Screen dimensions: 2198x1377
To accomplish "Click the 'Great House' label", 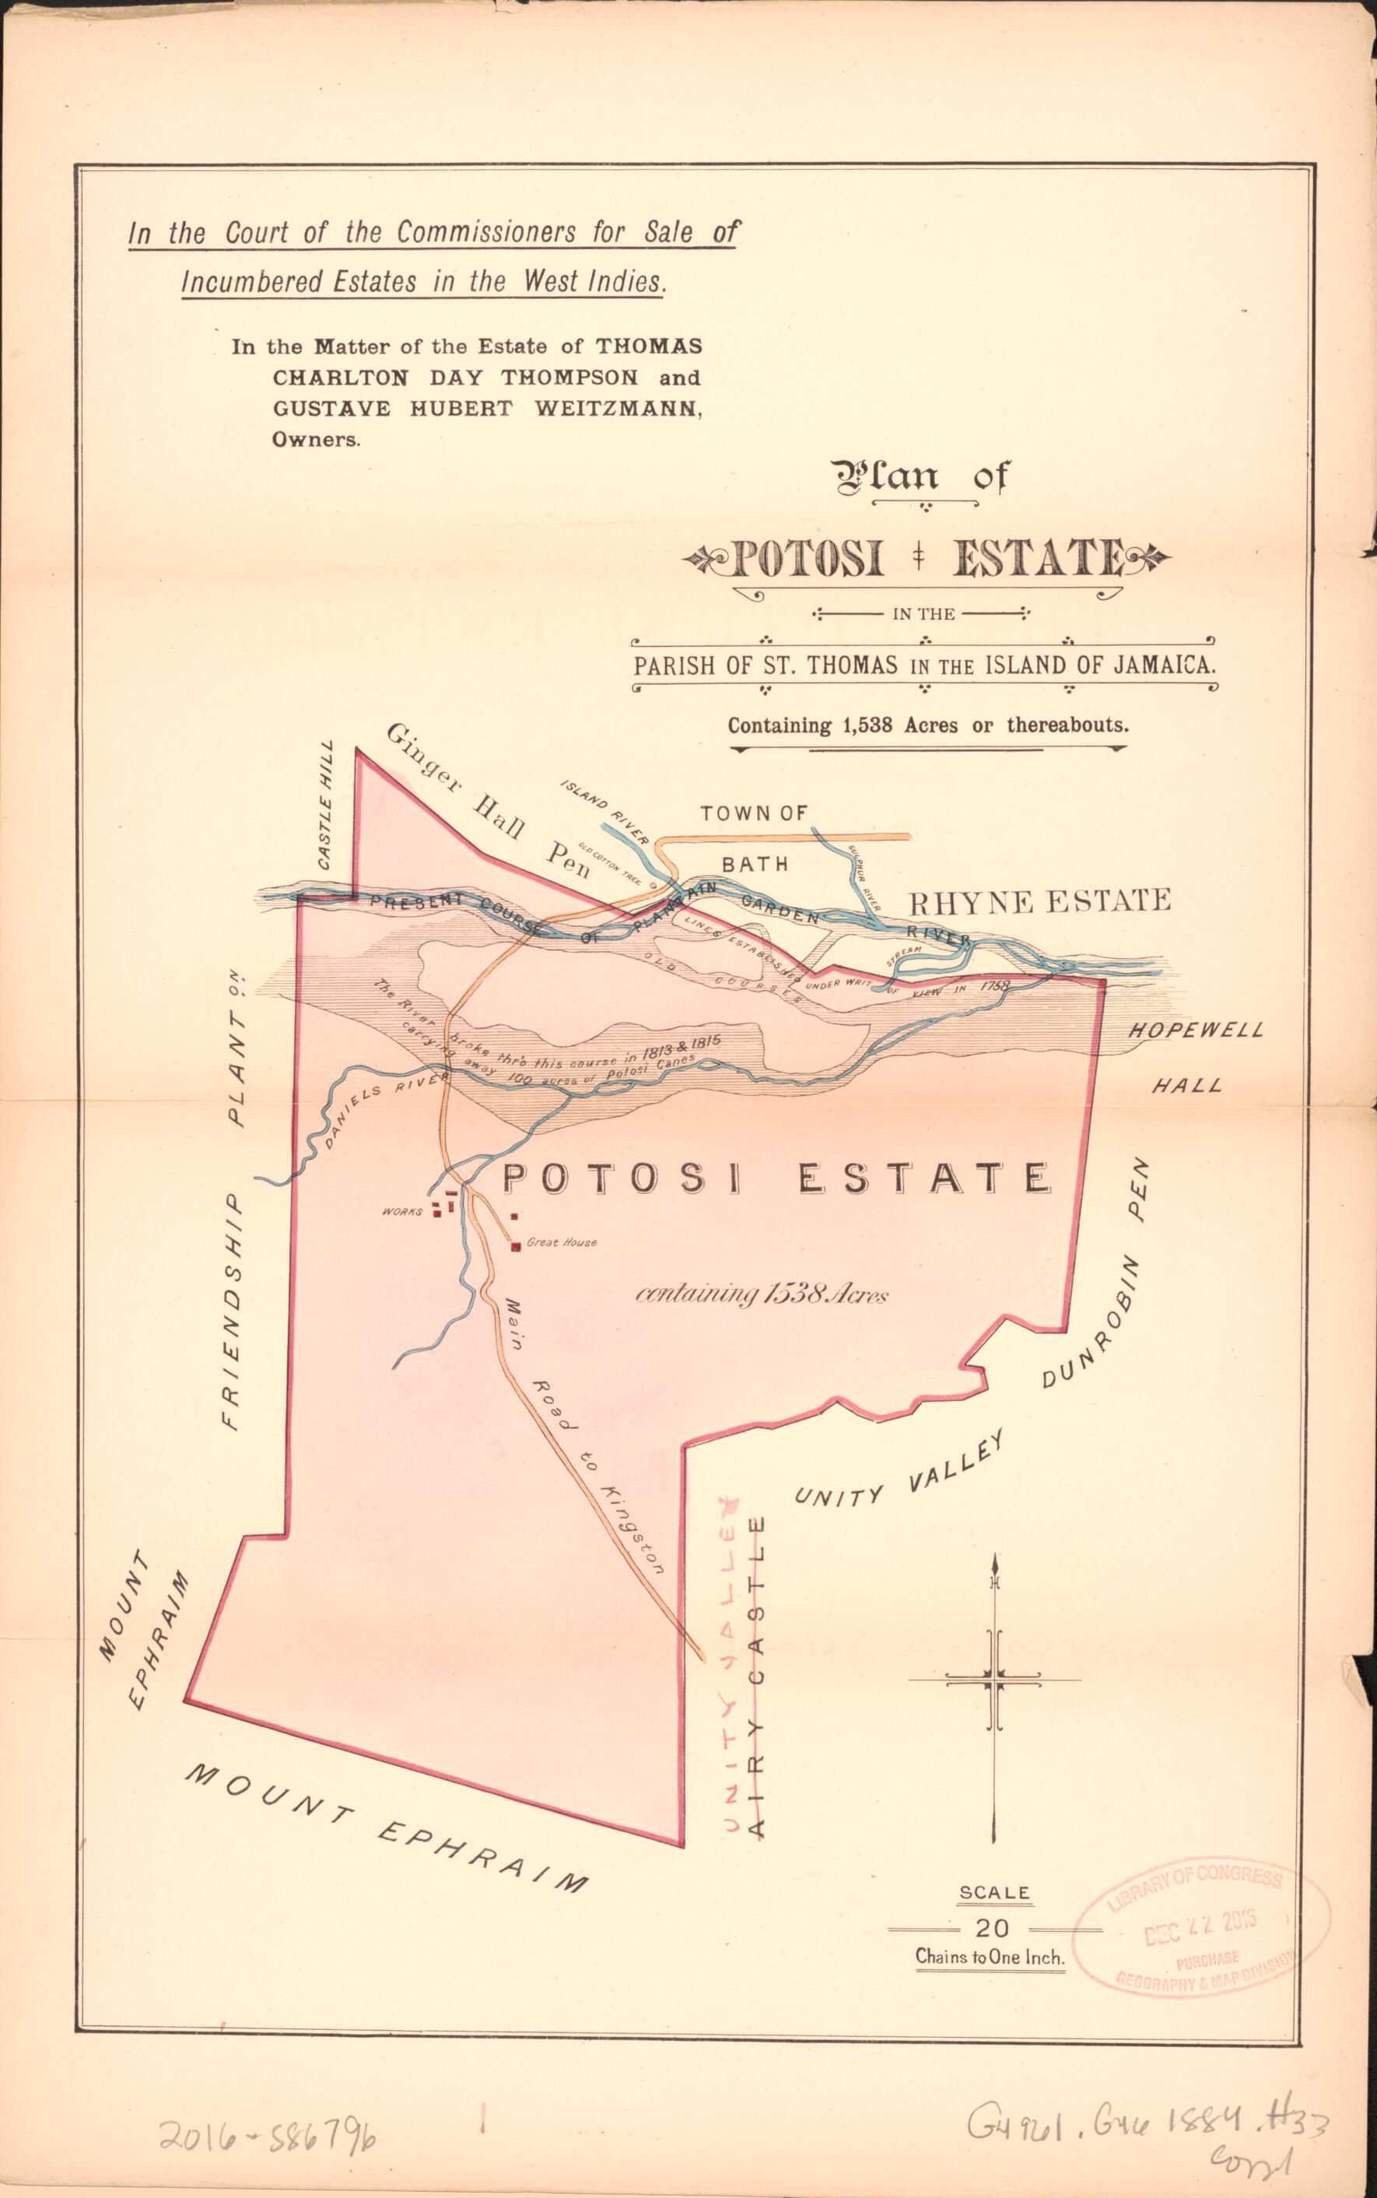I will pyautogui.click(x=562, y=1242).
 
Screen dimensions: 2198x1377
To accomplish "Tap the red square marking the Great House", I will pyautogui.click(x=517, y=1245).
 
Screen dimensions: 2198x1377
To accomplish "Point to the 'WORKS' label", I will pyautogui.click(x=402, y=1213).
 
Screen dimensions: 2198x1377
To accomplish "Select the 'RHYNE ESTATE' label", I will pyautogui.click(x=1040, y=902).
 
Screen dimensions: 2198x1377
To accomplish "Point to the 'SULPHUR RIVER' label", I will pyautogui.click(x=864, y=878).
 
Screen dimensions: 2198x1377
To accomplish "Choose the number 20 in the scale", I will pyautogui.click(x=992, y=1927).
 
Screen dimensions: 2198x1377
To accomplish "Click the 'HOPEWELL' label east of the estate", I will pyautogui.click(x=1196, y=1031).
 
